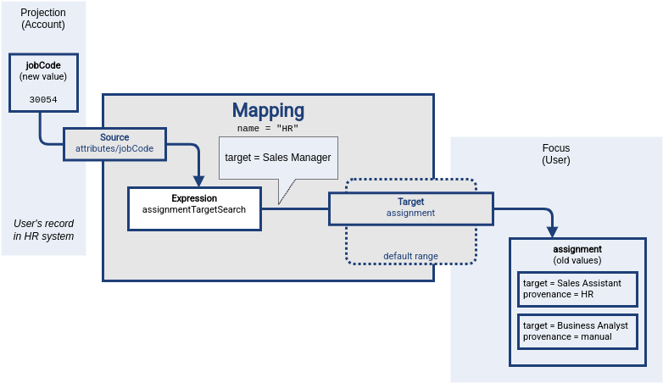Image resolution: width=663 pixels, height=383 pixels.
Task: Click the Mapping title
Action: (x=268, y=110)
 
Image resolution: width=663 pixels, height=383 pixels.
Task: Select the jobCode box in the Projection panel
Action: (x=43, y=83)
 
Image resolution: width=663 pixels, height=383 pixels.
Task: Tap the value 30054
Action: (x=43, y=99)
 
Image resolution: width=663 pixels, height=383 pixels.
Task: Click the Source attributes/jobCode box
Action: (x=114, y=142)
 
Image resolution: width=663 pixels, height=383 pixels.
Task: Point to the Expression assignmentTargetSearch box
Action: (x=194, y=208)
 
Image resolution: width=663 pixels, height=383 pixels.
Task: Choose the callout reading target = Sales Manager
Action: (x=278, y=158)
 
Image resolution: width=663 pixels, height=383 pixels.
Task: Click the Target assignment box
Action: (x=411, y=208)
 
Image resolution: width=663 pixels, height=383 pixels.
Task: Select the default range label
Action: (x=410, y=255)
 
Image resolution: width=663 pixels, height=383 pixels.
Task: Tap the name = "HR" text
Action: (x=268, y=128)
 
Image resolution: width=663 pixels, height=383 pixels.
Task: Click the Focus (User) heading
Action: (x=556, y=153)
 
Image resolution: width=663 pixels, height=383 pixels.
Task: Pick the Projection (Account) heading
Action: (x=43, y=19)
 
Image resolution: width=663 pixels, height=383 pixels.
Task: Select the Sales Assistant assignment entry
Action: (x=577, y=288)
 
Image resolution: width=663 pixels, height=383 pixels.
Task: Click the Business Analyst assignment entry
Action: (x=577, y=330)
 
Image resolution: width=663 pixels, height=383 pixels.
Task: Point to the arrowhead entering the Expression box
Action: (x=199, y=180)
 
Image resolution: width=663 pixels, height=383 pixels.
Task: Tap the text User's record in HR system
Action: (x=43, y=230)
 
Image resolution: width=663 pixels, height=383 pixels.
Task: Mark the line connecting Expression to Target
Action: (x=295, y=208)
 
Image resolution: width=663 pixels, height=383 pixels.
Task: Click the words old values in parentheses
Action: (x=577, y=260)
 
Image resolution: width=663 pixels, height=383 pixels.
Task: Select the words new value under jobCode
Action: (x=43, y=77)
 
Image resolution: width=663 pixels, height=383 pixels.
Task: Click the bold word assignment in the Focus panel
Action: (x=577, y=249)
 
